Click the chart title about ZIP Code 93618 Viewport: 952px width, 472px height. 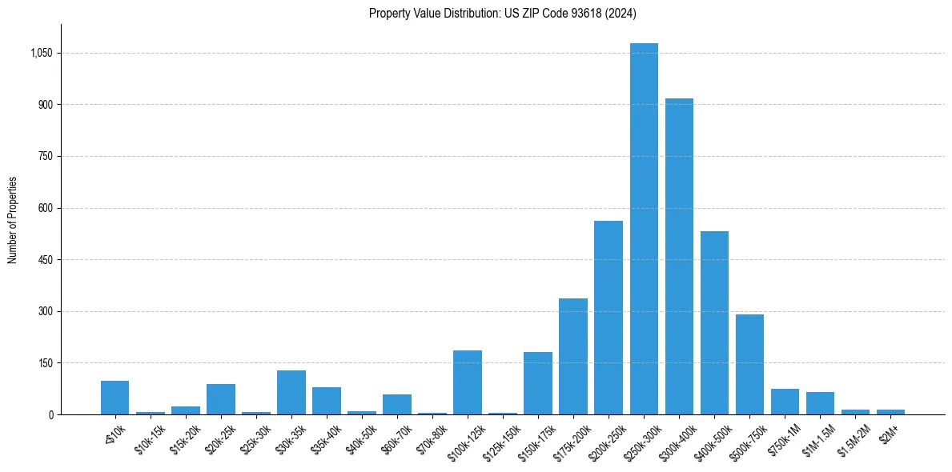point(503,13)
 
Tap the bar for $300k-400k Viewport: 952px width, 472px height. point(679,256)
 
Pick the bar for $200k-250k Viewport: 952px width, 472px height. point(609,318)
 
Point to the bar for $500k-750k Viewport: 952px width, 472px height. point(749,364)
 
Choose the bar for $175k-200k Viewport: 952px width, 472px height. point(573,356)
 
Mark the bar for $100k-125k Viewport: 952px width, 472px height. point(468,382)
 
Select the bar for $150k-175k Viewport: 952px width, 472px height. point(538,383)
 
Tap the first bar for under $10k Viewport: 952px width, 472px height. point(115,398)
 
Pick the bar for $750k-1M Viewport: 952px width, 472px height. point(785,402)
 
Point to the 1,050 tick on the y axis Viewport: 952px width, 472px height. point(40,54)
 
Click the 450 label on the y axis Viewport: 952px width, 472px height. point(44,260)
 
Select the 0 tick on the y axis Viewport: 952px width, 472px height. point(50,414)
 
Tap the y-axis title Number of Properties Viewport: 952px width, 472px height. point(13,219)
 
